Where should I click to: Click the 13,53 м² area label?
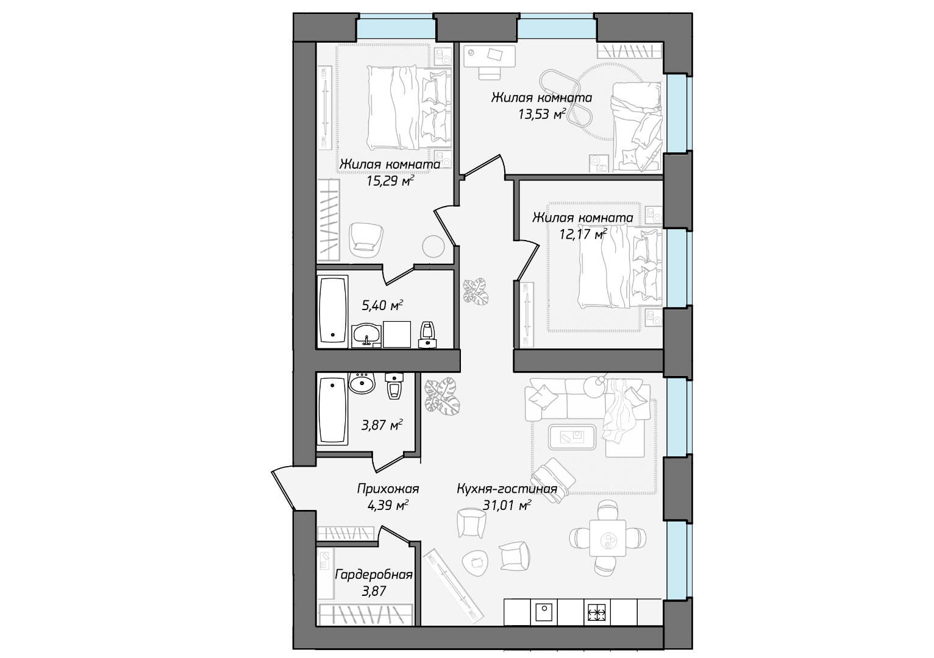pyautogui.click(x=542, y=114)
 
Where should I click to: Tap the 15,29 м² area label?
pyautogui.click(x=390, y=181)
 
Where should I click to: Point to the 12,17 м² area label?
pyautogui.click(x=583, y=234)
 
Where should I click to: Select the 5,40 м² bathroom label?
pyautogui.click(x=382, y=305)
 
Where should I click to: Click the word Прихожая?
pyautogui.click(x=388, y=489)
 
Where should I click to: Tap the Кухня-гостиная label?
pyautogui.click(x=507, y=489)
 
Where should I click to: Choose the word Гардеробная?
pyautogui.click(x=374, y=575)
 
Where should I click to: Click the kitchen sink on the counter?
pyautogui.click(x=544, y=612)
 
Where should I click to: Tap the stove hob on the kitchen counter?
pyautogui.click(x=597, y=612)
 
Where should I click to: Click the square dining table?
pyautogui.click(x=607, y=538)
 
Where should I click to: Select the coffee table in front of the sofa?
pyautogui.click(x=572, y=437)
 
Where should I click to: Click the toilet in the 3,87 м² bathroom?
pyautogui.click(x=394, y=386)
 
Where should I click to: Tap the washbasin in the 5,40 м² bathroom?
pyautogui.click(x=366, y=334)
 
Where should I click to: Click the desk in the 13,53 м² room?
pyautogui.click(x=490, y=55)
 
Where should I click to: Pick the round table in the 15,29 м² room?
pyautogui.click(x=433, y=247)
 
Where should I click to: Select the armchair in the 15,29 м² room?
pyautogui.click(x=366, y=240)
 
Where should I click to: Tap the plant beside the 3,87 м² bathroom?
pyautogui.click(x=442, y=396)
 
